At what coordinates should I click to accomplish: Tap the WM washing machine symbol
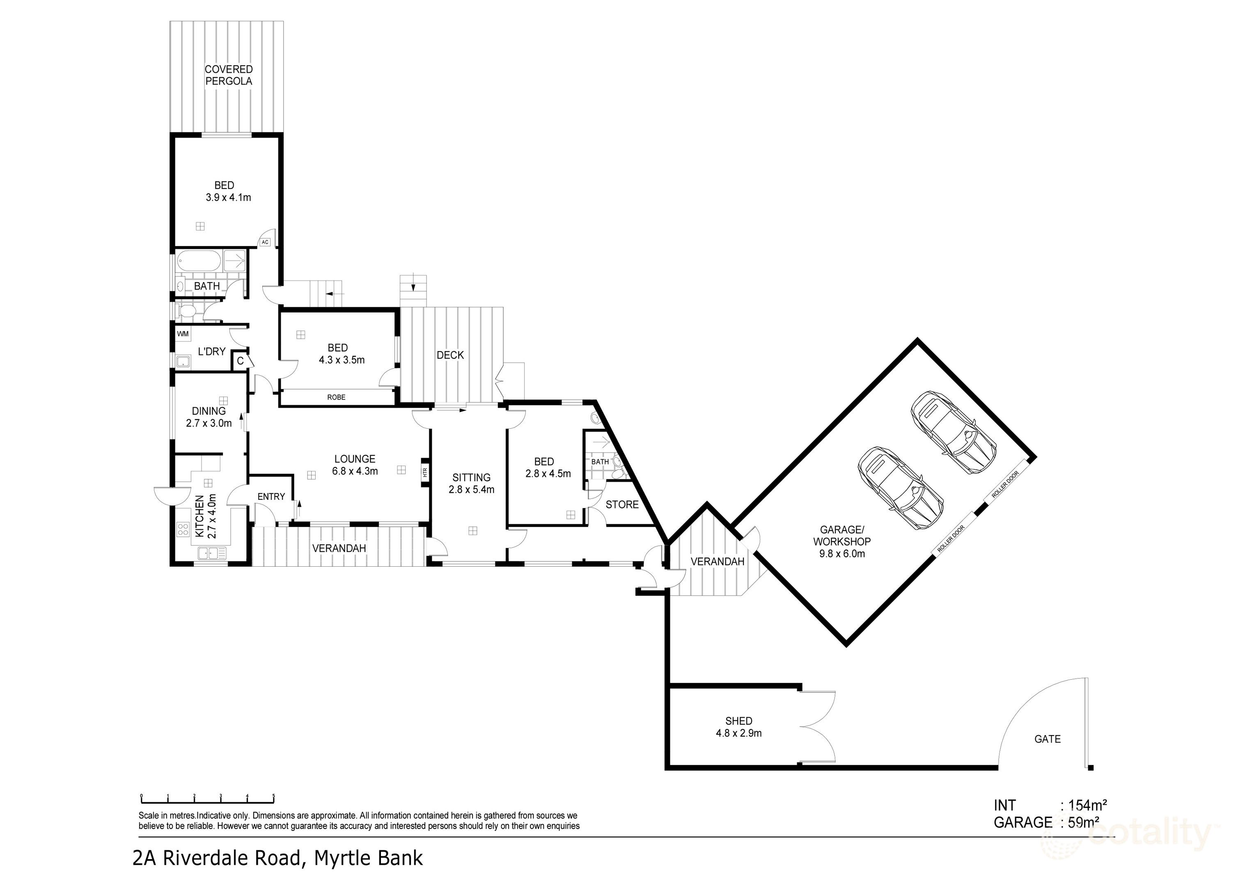(182, 333)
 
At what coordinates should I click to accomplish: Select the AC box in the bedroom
(265, 241)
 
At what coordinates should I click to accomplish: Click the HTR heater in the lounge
(424, 471)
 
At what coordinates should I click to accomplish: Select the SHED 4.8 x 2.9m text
(738, 727)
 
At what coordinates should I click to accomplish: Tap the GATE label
(1047, 739)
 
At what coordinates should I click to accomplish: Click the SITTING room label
(471, 477)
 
